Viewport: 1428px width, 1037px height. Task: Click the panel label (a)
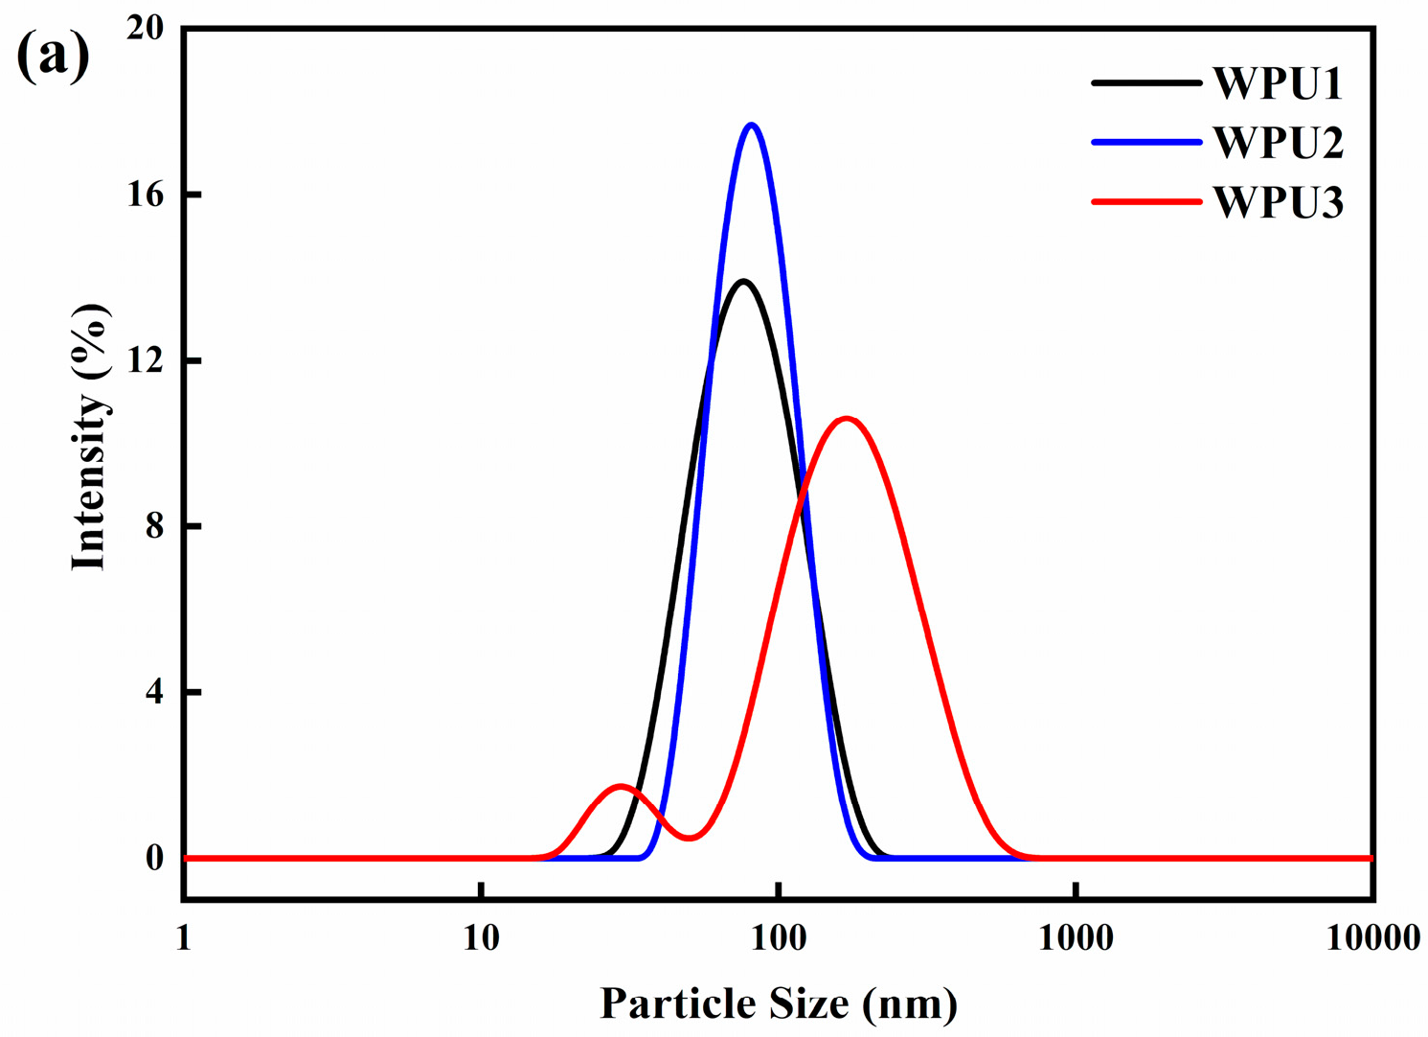point(54,56)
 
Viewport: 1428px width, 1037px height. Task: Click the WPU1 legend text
point(1278,84)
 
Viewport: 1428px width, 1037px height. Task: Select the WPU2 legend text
point(1278,144)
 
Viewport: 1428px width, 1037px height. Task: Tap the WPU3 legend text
point(1278,203)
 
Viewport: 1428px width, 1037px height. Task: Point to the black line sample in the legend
point(1145,83)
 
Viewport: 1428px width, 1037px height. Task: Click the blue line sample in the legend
point(1145,143)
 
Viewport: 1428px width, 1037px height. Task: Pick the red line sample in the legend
point(1145,202)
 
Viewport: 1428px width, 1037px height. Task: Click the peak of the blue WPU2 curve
point(752,125)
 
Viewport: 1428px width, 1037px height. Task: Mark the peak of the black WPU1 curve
point(742,281)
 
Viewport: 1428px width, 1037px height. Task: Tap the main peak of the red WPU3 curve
point(846,418)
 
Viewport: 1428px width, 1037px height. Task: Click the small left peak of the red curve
point(622,786)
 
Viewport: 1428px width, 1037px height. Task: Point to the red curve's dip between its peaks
point(689,839)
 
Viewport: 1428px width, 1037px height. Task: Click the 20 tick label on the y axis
point(145,29)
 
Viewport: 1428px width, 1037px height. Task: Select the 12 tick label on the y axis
point(145,360)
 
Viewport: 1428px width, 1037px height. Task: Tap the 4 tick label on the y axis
point(153,692)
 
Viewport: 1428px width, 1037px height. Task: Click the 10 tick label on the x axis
point(481,938)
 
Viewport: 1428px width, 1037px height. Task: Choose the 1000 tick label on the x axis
point(1076,938)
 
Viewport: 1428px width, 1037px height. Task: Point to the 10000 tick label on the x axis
point(1372,938)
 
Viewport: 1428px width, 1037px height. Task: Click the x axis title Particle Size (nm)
point(778,1003)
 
